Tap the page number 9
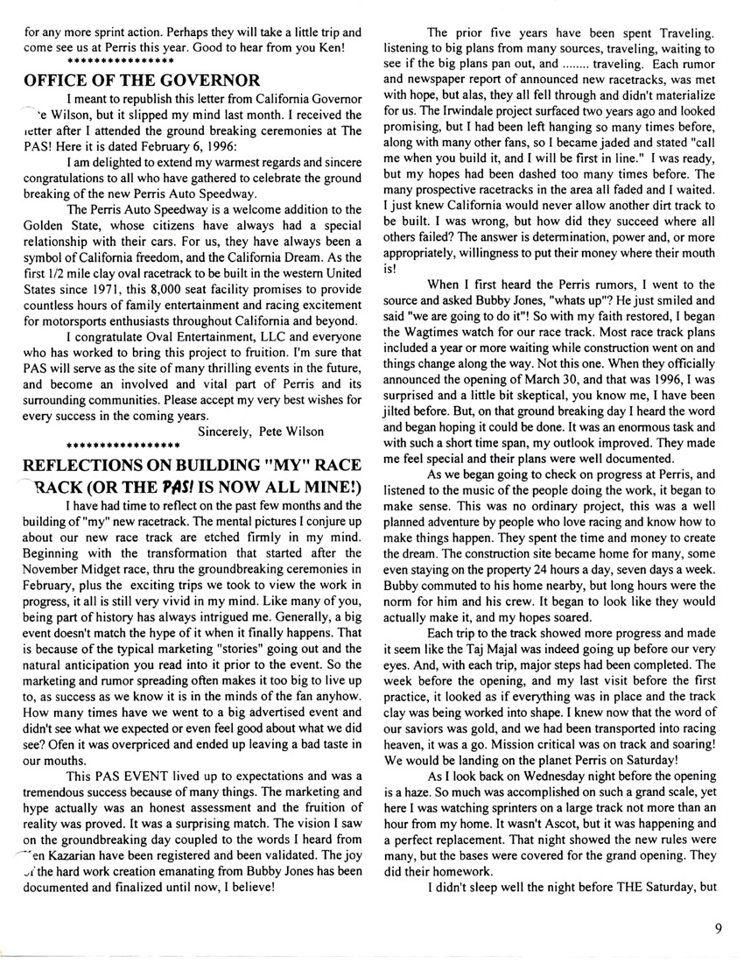pyautogui.click(x=718, y=931)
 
